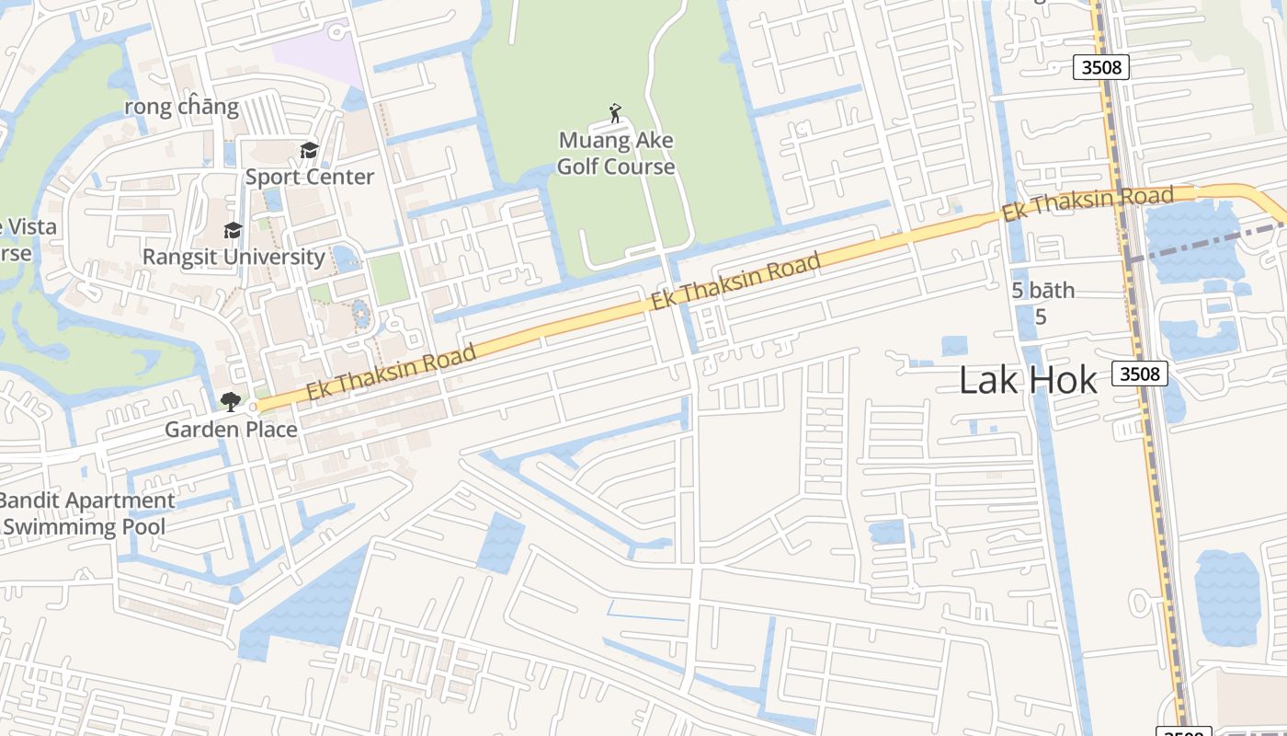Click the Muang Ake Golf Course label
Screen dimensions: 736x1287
click(x=615, y=154)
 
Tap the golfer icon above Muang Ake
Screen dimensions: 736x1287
click(x=615, y=114)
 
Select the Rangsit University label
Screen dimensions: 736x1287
click(x=233, y=257)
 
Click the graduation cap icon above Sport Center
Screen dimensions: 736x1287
click(x=309, y=150)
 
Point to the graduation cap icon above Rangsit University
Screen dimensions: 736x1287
click(x=233, y=230)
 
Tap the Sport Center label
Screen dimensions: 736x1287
click(x=309, y=177)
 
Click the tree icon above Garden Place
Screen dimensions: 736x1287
click(x=230, y=401)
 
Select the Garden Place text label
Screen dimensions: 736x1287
click(x=231, y=429)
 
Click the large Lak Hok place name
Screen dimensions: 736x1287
click(x=1028, y=379)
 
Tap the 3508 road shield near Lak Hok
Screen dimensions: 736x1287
click(x=1140, y=374)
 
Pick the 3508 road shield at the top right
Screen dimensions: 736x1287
click(x=1100, y=67)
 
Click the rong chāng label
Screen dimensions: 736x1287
click(x=182, y=107)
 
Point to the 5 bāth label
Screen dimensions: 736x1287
click(x=1042, y=291)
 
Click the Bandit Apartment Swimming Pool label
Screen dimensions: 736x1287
click(x=85, y=513)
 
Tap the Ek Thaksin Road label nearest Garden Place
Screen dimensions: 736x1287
click(x=392, y=371)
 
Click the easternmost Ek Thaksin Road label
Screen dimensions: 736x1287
click(x=1088, y=203)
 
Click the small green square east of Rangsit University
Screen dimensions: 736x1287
click(x=389, y=279)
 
